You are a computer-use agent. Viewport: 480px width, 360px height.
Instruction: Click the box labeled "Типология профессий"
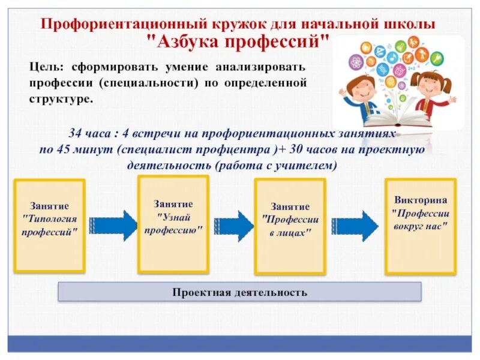pos(50,224)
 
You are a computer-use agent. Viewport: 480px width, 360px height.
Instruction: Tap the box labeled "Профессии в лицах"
pos(290,225)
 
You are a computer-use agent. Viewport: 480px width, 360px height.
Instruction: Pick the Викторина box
pos(420,226)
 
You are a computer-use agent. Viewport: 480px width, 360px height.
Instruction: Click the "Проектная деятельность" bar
pos(239,292)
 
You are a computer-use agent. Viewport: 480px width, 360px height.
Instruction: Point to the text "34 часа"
pos(89,134)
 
